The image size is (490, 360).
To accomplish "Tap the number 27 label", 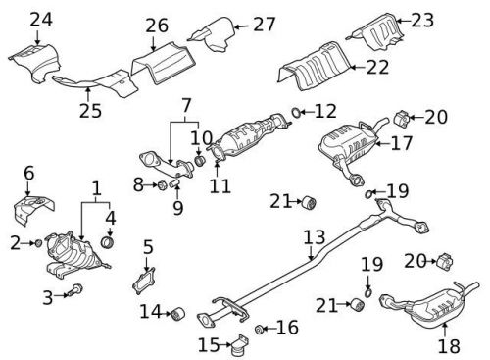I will pos(265,24).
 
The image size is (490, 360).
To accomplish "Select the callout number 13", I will pos(313,236).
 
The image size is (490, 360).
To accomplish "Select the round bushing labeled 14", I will pos(177,314).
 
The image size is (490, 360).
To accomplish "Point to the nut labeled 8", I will pos(159,183).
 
